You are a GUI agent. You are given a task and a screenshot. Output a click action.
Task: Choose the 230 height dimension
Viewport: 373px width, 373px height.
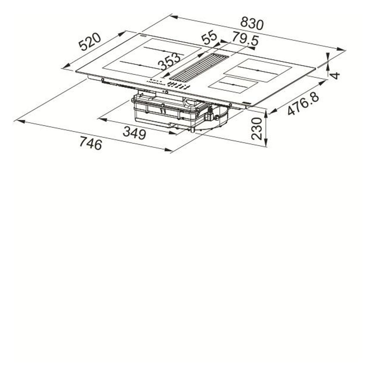click(x=257, y=129)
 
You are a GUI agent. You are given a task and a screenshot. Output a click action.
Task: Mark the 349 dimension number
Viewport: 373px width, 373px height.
click(x=135, y=133)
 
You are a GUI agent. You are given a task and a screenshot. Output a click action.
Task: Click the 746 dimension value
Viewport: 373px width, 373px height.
click(x=91, y=143)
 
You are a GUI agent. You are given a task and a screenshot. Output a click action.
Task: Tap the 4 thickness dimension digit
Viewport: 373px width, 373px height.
click(x=336, y=75)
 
